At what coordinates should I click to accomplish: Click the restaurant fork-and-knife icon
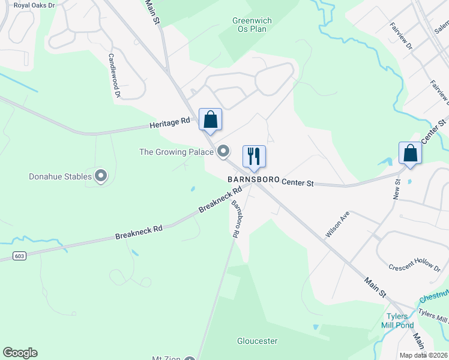pos(254,156)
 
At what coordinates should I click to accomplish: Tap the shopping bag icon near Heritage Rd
pos(211,119)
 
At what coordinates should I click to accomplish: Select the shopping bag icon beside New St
pos(411,152)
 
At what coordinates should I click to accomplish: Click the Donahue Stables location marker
pos(101,176)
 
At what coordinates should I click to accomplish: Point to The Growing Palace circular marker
pos(224,151)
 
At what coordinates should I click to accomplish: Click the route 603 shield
pos(19,256)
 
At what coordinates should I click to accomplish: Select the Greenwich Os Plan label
pos(252,25)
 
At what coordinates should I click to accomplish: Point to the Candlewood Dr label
pos(115,74)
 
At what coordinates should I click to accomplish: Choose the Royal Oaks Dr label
pos(34,5)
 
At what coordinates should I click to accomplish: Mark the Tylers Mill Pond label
pos(397,321)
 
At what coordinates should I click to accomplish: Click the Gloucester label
pos(257,341)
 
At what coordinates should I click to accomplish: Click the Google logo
pos(20,353)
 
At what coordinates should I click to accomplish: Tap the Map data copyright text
pos(424,355)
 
